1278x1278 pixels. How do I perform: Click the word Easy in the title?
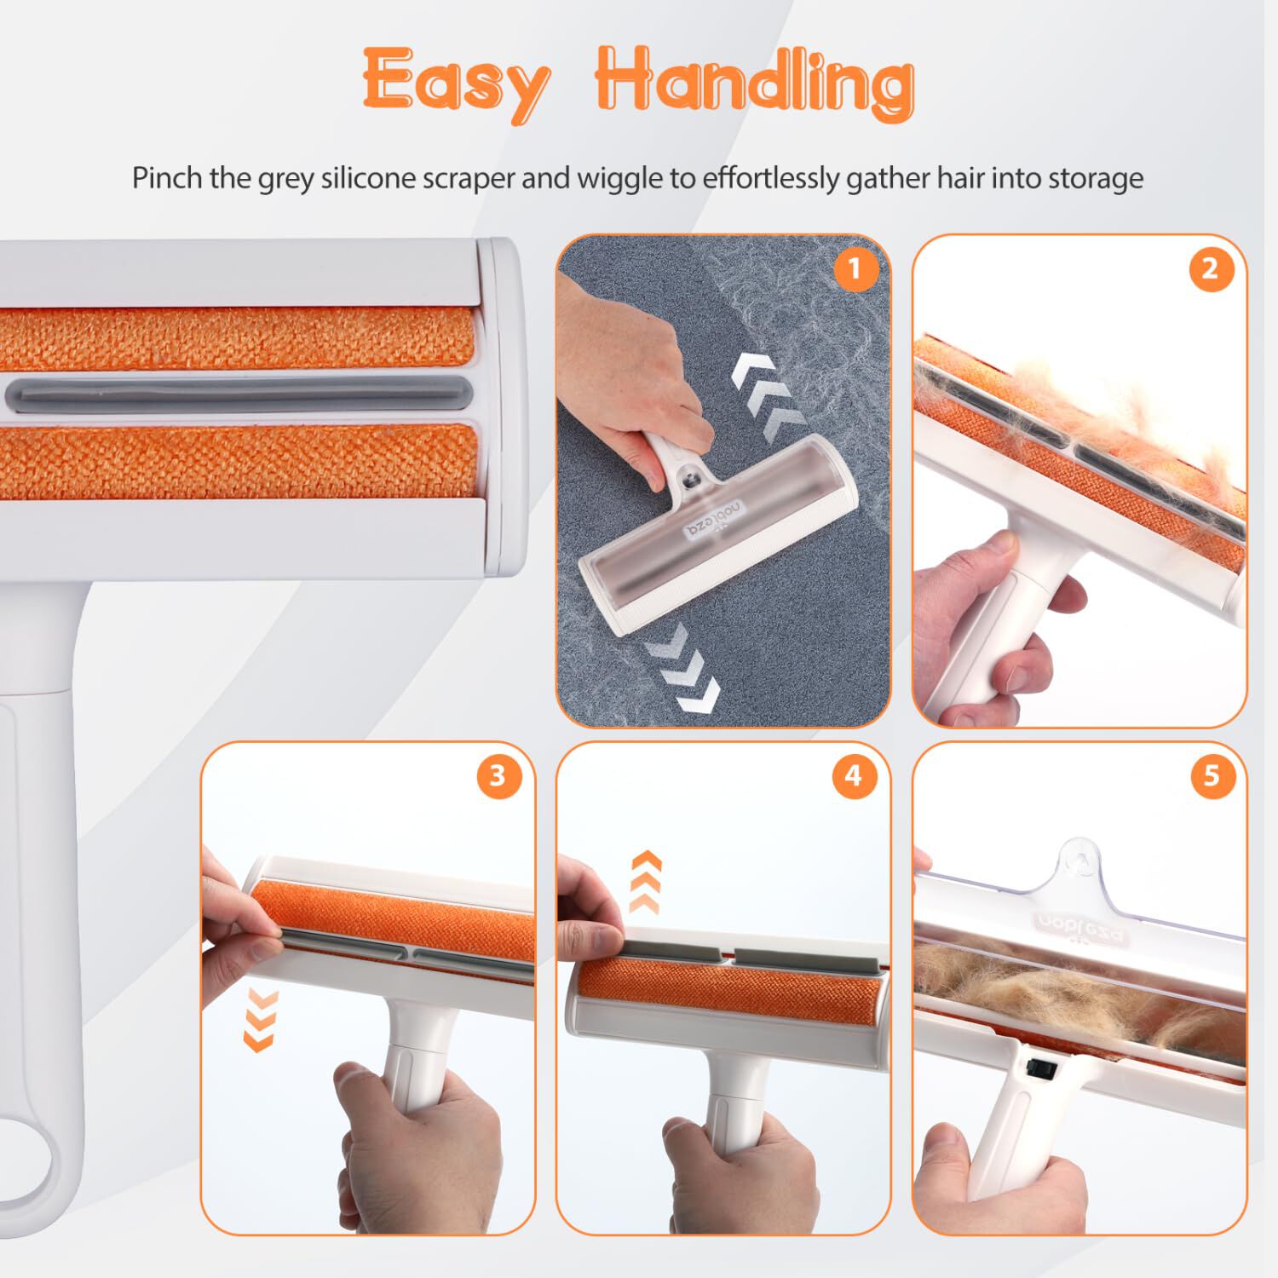click(x=455, y=83)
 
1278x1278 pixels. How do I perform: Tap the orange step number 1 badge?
click(x=855, y=270)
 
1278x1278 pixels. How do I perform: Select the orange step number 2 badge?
click(x=1211, y=270)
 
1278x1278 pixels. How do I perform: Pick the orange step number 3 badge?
click(x=498, y=776)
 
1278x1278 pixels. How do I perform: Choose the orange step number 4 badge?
click(x=854, y=776)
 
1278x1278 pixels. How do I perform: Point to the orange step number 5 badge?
click(x=1211, y=776)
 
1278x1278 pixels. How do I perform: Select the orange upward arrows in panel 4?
click(x=646, y=882)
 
